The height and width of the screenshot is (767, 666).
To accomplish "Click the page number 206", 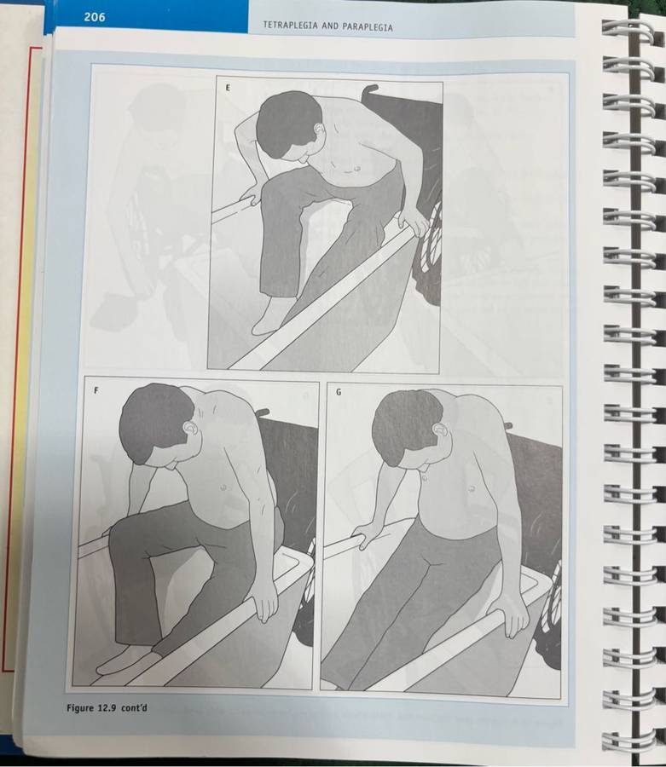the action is [95, 17].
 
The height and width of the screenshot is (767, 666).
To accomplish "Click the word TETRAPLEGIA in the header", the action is [290, 26].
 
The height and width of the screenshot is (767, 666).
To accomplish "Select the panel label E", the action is [228, 88].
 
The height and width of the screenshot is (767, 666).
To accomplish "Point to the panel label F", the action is [96, 391].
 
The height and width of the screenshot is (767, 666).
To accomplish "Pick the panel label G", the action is [339, 392].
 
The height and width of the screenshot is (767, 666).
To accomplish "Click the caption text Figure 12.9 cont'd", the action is [107, 708].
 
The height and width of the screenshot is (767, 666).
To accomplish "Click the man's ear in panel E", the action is [320, 130].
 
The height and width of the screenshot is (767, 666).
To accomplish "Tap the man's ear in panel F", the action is [190, 428].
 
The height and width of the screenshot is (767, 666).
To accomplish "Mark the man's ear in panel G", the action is [441, 430].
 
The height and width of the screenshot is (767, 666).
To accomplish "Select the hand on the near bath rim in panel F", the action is [264, 600].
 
